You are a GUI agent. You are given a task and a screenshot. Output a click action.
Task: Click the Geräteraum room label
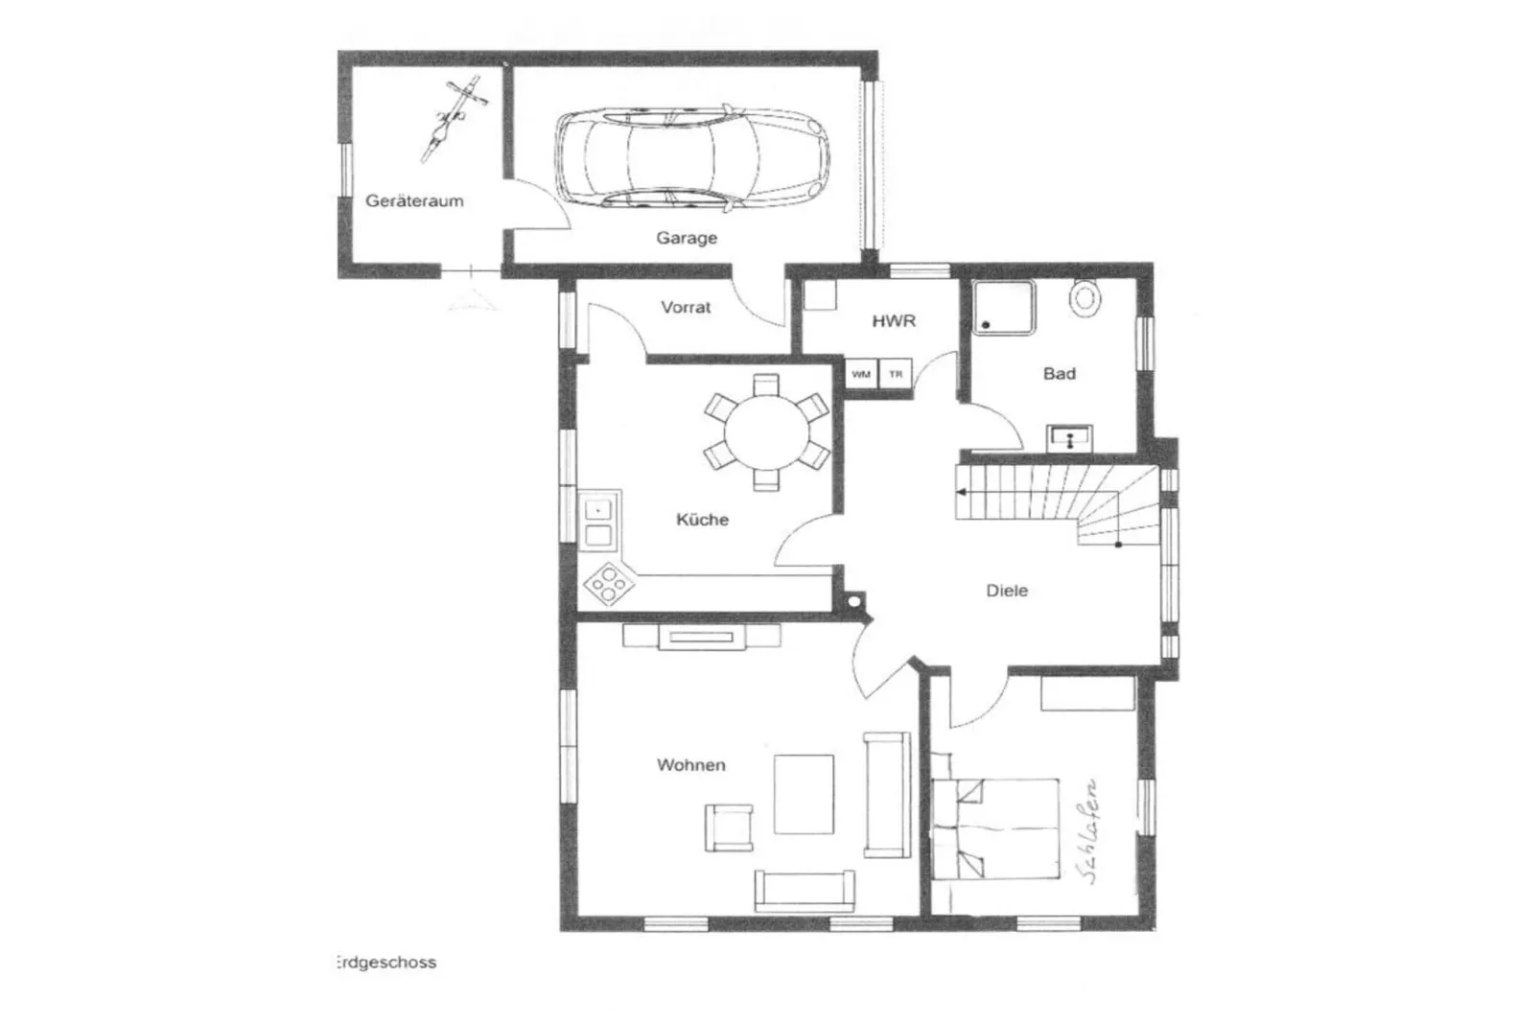pos(414,201)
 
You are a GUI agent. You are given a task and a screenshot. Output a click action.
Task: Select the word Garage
pos(687,238)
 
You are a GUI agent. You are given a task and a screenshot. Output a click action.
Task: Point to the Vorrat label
pos(686,308)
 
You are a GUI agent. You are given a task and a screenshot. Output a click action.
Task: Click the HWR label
pos(894,321)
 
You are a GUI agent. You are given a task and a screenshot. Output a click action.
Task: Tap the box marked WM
pos(861,374)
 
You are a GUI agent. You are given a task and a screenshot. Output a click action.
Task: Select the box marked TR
pos(896,374)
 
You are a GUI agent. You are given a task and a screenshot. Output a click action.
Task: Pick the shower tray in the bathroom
pos(1005,308)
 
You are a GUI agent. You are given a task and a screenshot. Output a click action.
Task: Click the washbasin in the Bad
pos(1068,438)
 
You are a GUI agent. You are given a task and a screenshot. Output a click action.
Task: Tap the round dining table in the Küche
pos(766,432)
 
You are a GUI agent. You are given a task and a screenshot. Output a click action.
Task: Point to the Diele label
pos(1007,592)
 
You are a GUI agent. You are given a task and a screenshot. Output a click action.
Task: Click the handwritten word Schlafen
pos(1087,829)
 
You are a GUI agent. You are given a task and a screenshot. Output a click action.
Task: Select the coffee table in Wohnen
pos(804,794)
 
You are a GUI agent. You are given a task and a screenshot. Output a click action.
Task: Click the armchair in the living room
pos(728,828)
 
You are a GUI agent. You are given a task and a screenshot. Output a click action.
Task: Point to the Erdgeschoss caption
pos(385,962)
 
